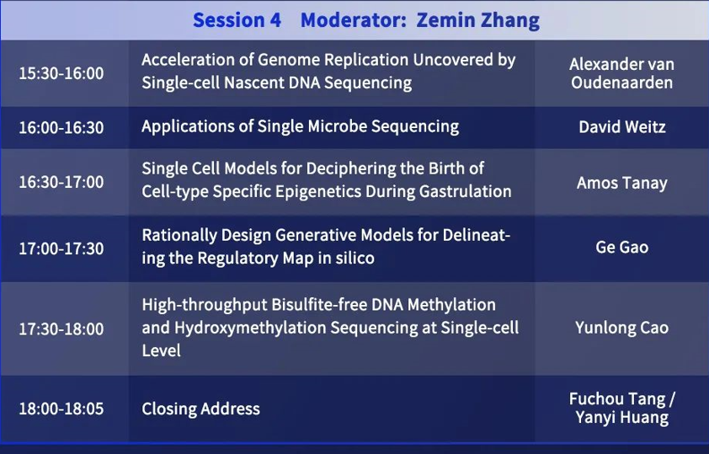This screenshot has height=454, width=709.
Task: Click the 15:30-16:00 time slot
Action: (61, 73)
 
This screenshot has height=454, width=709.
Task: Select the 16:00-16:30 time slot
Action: (61, 127)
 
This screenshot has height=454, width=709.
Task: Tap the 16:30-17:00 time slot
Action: (61, 182)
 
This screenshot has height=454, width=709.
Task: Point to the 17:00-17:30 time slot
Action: (61, 248)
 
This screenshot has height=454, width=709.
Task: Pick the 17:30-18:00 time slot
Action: (61, 328)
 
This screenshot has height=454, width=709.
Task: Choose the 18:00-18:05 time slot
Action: (61, 409)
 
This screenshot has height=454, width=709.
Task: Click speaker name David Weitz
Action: (622, 126)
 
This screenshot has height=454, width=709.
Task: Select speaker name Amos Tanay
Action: (621, 183)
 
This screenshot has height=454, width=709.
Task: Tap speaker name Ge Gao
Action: (622, 247)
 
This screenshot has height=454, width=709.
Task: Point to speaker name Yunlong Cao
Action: (621, 328)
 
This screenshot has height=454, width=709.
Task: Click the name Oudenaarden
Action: (621, 83)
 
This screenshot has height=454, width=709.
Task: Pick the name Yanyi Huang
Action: (622, 417)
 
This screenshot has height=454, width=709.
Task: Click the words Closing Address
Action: (200, 409)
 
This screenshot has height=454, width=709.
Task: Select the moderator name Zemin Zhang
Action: (478, 20)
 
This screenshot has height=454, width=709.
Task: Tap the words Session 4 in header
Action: (237, 20)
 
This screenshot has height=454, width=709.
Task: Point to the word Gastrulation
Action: (466, 191)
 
